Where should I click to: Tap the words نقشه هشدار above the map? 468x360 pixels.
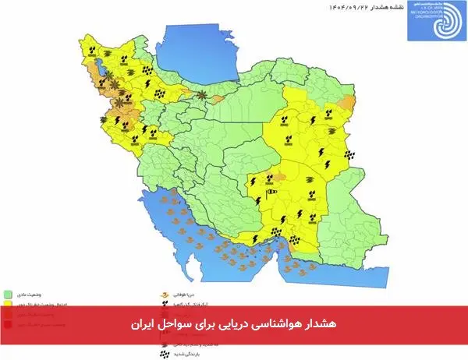click(374, 6)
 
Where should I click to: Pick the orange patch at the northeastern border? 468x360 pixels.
click(349, 101)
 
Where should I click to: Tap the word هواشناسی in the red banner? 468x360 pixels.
click(274, 323)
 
